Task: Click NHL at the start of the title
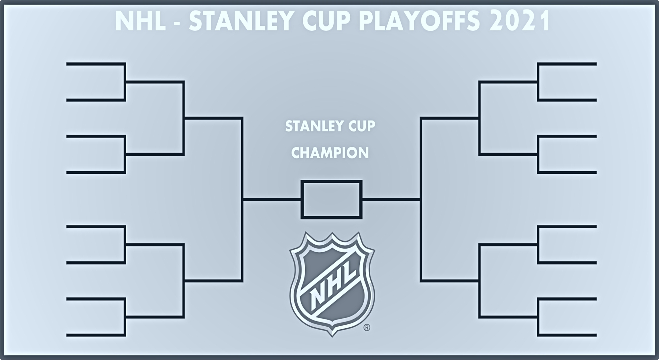tap(140, 21)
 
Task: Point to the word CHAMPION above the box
tap(330, 153)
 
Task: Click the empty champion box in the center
tap(331, 199)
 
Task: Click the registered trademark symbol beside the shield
tap(367, 328)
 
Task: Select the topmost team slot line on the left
tap(95, 64)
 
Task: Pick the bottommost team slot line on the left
tap(95, 335)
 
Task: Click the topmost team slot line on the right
tap(567, 64)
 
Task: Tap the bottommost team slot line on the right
tap(567, 335)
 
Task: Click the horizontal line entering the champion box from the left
tap(272, 199)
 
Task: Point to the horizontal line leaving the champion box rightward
tap(391, 199)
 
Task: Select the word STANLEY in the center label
tap(309, 126)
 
